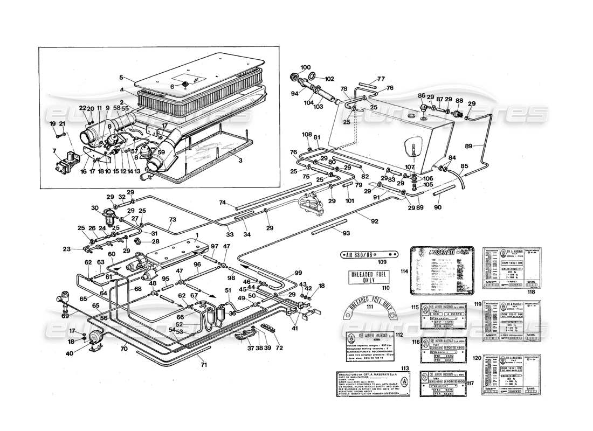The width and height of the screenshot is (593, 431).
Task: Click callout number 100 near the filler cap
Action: pyautogui.click(x=306, y=67)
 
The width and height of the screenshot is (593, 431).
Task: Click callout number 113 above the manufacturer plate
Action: pyautogui.click(x=405, y=369)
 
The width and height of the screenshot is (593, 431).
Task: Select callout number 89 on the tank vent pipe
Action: pyautogui.click(x=468, y=146)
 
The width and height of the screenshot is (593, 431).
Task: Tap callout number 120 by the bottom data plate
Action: pyautogui.click(x=477, y=358)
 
